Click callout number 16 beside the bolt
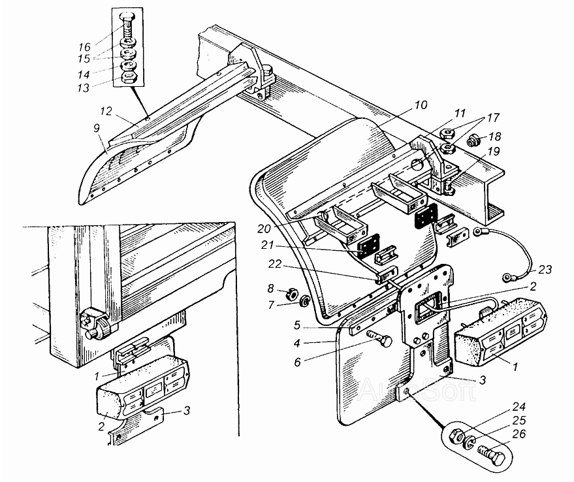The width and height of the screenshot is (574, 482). point(84,47)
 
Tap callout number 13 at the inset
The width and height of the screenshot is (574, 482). point(84,88)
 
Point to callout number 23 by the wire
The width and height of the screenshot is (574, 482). point(545,270)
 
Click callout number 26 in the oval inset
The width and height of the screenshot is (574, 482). point(518,434)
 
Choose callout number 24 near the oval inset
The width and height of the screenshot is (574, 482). point(518,406)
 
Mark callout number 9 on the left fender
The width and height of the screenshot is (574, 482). point(96,128)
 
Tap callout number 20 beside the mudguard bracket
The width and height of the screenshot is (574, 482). point(264,229)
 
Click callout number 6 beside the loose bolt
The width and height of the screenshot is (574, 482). point(297,362)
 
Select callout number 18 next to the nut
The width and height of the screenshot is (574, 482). point(494,137)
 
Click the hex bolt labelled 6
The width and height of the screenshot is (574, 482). point(381,340)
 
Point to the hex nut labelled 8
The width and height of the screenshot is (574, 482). point(291,293)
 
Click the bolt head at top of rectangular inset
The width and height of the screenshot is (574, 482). point(127,16)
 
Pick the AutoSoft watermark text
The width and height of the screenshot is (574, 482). point(417,389)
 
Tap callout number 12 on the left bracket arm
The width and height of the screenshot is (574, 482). point(106,110)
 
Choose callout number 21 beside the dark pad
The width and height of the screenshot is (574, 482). point(267,245)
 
